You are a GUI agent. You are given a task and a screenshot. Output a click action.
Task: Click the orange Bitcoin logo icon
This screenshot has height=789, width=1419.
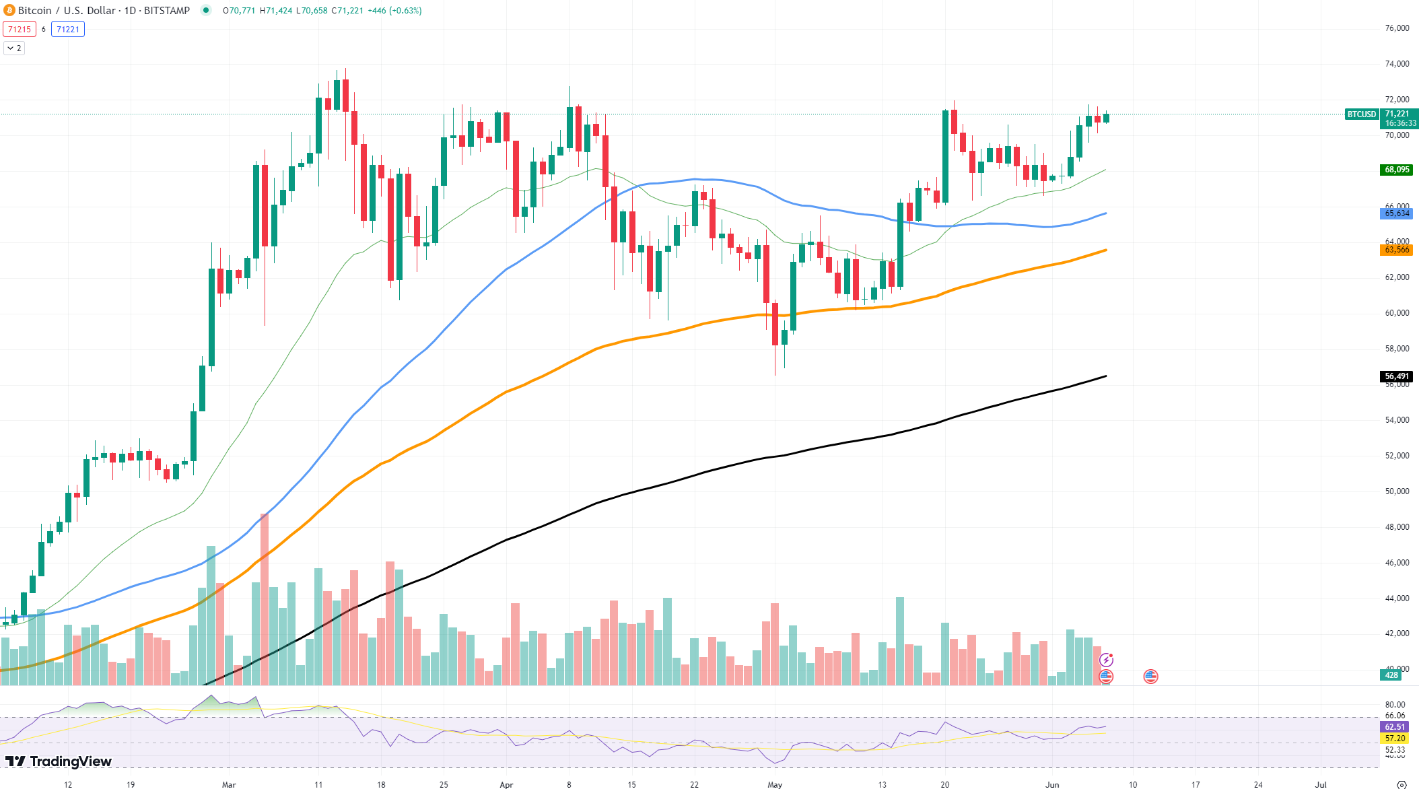click(x=9, y=10)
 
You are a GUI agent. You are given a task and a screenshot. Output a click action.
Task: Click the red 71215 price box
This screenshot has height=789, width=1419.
click(x=20, y=29)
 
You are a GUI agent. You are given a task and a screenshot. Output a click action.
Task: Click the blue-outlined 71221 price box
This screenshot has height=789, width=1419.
click(x=68, y=29)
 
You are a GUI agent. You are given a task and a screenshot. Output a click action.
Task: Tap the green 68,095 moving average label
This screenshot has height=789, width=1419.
click(x=1397, y=170)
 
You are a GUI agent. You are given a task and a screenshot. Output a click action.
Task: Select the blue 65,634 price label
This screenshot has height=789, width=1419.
click(x=1397, y=213)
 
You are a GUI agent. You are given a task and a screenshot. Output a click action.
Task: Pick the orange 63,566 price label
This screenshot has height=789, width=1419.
click(x=1397, y=250)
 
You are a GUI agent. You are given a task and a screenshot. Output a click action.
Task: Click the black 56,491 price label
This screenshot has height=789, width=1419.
click(x=1397, y=376)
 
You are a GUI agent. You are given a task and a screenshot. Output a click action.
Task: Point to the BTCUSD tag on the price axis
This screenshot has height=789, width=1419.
click(x=1361, y=114)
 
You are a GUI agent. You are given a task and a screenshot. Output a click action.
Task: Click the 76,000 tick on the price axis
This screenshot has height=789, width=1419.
click(x=1397, y=28)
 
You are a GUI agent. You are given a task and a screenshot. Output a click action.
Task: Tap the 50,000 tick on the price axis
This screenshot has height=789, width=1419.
click(x=1397, y=491)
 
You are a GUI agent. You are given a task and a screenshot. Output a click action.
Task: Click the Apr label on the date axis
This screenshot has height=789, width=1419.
click(x=506, y=784)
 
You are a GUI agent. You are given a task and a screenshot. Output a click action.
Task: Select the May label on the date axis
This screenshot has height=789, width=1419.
click(x=775, y=784)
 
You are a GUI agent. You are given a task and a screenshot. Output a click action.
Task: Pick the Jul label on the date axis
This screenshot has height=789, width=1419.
click(x=1321, y=784)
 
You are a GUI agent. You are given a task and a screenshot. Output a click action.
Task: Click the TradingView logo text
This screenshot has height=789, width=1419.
click(x=70, y=761)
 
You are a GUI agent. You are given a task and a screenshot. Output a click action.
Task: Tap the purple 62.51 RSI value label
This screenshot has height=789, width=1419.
click(x=1395, y=727)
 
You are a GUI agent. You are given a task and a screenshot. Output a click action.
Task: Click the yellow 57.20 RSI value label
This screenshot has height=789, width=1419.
click(x=1395, y=739)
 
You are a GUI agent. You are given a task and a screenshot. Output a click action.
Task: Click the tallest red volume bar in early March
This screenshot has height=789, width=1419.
click(x=265, y=599)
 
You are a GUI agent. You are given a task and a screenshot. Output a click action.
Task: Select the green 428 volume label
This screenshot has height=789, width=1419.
click(x=1391, y=675)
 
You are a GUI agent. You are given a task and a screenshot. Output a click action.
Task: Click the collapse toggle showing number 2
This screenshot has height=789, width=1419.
click(x=14, y=48)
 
